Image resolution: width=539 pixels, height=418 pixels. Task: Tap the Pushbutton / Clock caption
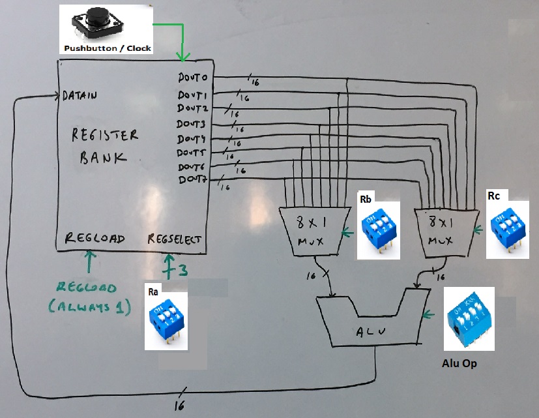(107, 48)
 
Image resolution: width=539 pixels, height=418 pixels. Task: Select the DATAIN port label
(80, 96)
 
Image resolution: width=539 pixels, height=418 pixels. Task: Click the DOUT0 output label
(192, 78)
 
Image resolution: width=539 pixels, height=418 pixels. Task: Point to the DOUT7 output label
(192, 179)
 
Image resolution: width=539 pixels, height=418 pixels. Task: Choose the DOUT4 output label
(192, 139)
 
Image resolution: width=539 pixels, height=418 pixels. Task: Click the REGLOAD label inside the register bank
(95, 238)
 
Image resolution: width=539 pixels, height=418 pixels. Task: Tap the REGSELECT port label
(175, 238)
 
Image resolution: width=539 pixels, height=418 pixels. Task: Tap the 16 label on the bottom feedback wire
(179, 405)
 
